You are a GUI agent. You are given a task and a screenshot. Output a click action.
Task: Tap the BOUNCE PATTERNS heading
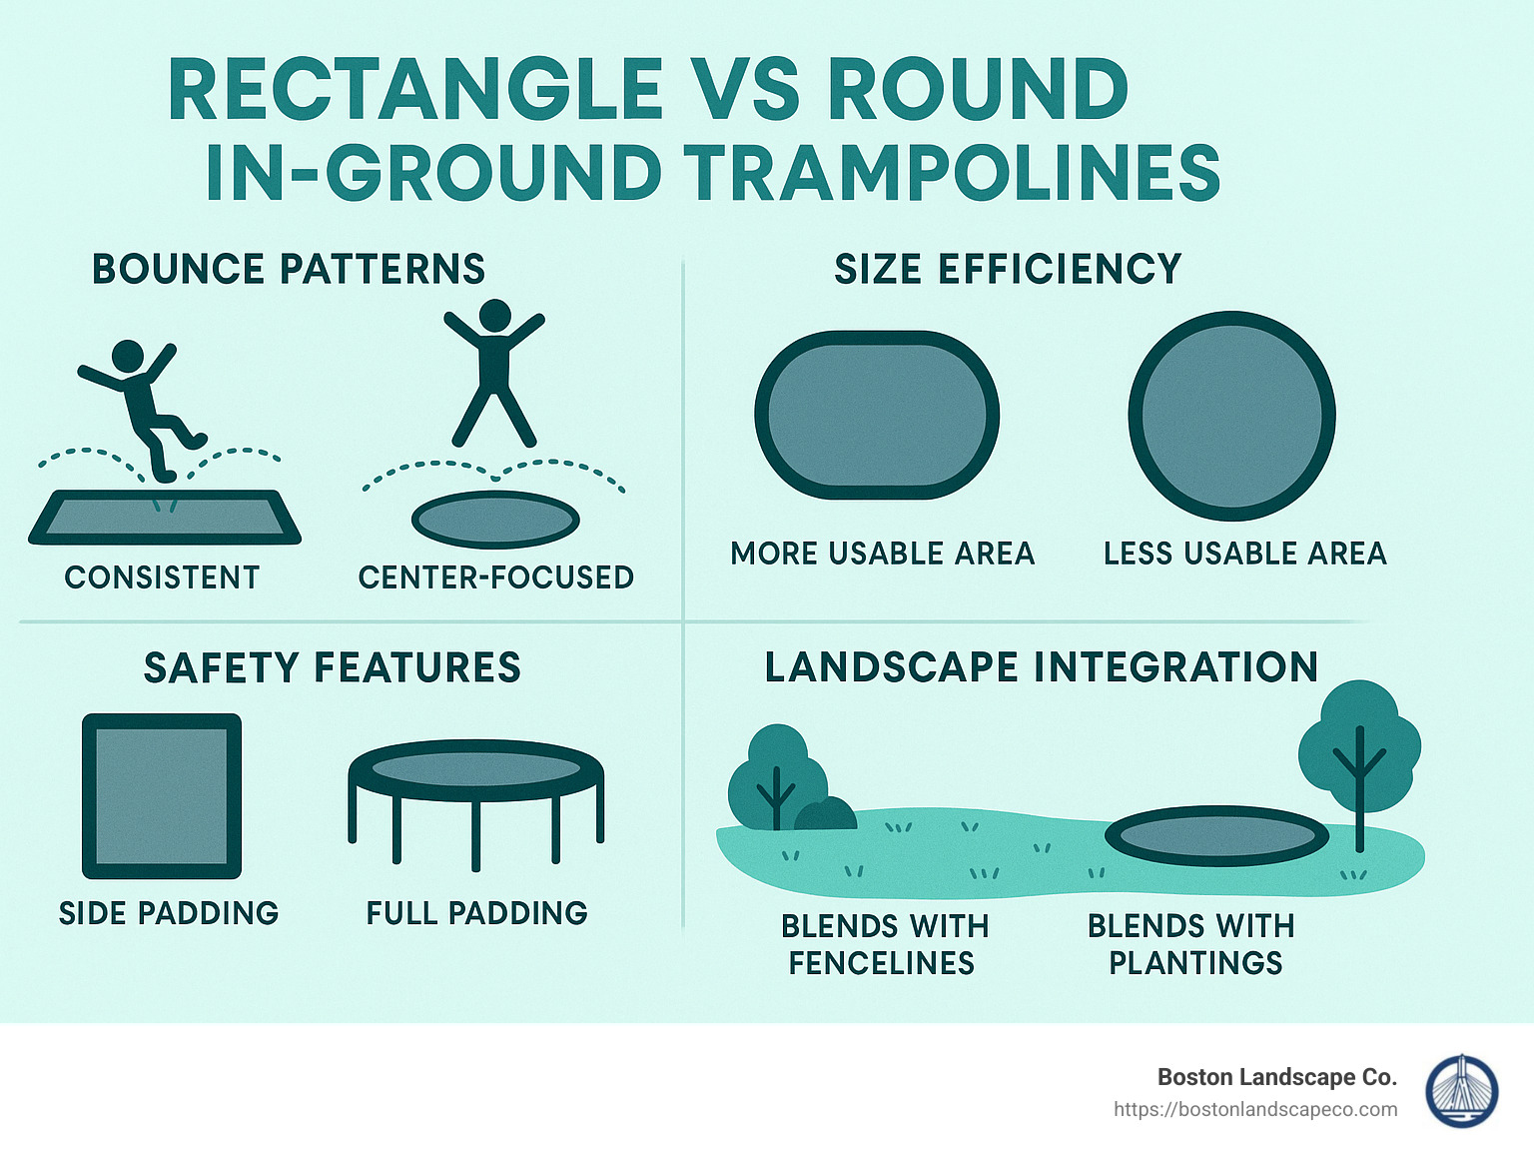pos(289,270)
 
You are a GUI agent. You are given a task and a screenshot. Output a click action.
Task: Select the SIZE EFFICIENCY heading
pos(1008,270)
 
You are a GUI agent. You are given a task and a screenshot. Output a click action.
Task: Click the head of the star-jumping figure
pos(494,316)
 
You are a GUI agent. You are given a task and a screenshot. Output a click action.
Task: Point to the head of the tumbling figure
pos(128,357)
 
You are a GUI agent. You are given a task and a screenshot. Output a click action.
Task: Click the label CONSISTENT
pos(162,577)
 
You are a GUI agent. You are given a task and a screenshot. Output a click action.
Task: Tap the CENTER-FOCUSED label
pos(495,577)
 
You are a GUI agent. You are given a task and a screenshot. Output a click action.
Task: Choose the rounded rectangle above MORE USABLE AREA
pos(877,415)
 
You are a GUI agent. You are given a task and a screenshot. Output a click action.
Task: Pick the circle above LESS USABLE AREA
pos(1231,416)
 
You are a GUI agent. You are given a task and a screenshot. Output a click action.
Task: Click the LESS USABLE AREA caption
pos(1244,554)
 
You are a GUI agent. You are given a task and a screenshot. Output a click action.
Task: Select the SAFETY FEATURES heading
pos(333,667)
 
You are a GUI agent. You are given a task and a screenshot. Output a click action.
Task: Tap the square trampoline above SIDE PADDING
pos(162,795)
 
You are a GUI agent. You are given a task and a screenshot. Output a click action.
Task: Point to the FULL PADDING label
pos(476,913)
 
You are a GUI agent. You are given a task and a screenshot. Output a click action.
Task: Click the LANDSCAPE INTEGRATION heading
pos(1042,667)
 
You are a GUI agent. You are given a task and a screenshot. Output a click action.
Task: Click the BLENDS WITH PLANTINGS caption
pos(1192,944)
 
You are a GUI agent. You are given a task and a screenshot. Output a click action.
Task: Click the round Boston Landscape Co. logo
pos(1461,1091)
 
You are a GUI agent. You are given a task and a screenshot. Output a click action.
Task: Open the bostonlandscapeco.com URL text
pos(1255,1109)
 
